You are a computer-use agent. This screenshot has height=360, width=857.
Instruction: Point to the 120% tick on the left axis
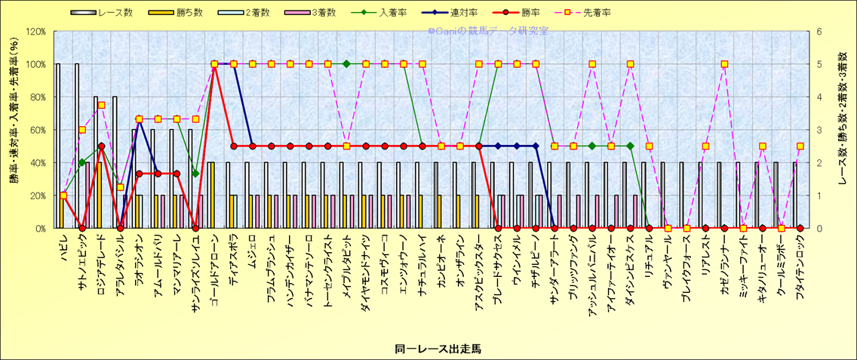tap(35, 32)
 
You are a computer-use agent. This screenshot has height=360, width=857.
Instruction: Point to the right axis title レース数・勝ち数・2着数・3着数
tap(843, 130)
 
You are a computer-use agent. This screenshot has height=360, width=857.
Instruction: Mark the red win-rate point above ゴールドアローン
tap(214, 64)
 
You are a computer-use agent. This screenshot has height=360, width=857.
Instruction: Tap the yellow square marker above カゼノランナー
tap(724, 64)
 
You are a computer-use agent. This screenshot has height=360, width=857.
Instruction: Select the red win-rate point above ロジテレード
tap(101, 146)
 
